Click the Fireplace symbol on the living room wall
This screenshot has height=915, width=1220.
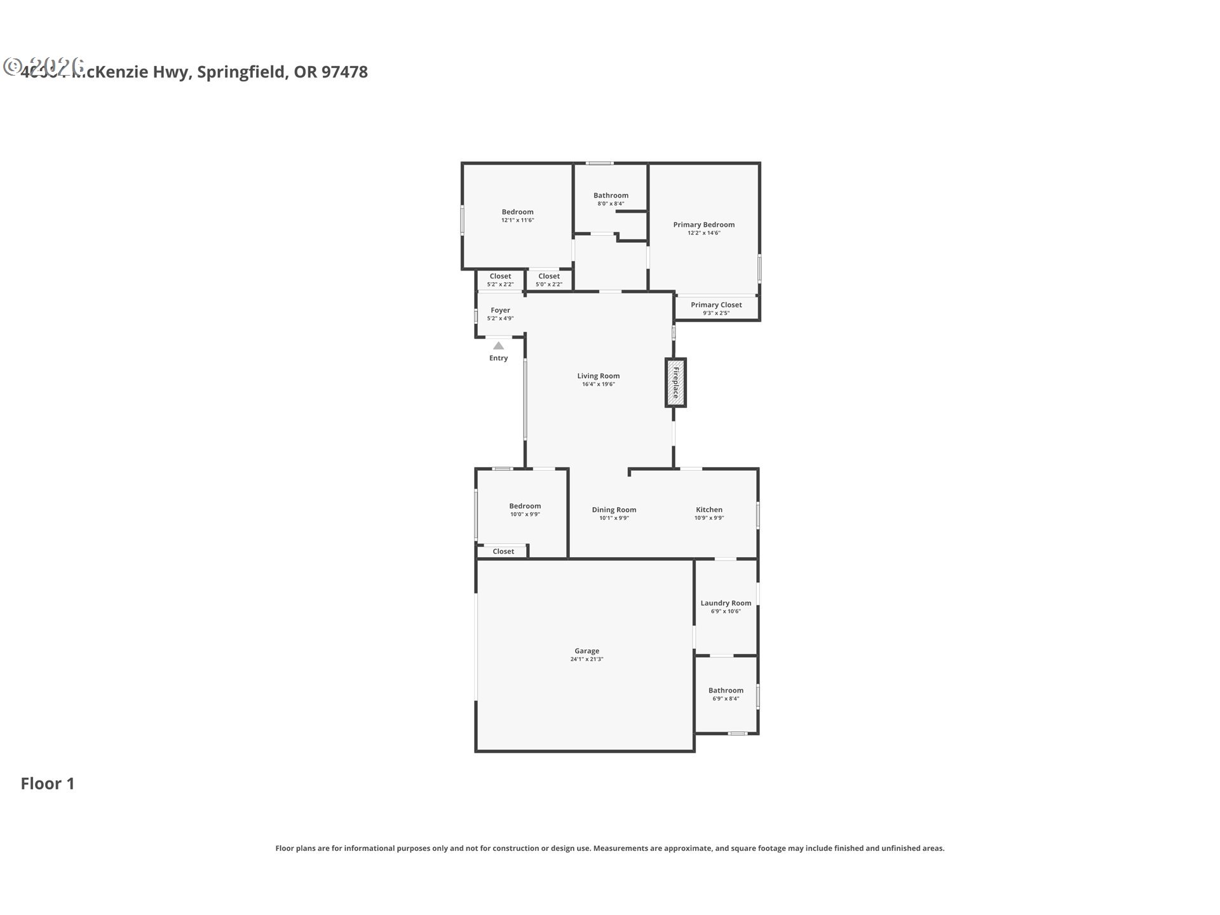coord(675,383)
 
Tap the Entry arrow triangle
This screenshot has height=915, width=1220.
coord(498,346)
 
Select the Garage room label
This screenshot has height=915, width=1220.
coord(586,651)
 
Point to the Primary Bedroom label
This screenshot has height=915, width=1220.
coord(703,224)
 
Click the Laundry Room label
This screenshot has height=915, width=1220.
coord(726,603)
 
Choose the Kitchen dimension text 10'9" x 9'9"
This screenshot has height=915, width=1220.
coord(709,518)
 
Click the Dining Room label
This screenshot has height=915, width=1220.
coord(614,510)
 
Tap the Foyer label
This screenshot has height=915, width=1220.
coord(500,310)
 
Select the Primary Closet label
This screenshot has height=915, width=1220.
coord(716,305)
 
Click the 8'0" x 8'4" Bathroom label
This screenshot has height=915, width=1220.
coord(611,196)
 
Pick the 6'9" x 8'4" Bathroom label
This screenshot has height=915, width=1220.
coord(726,690)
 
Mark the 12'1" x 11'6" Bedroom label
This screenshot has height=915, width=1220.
coord(517,212)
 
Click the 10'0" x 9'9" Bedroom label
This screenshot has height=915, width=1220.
coord(525,506)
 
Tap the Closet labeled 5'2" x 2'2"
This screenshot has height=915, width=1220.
coord(500,276)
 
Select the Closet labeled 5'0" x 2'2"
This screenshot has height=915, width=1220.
coord(549,276)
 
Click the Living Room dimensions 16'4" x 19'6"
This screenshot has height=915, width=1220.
coord(598,384)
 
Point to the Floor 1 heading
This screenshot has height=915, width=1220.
coord(48,783)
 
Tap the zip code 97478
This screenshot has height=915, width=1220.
coord(344,72)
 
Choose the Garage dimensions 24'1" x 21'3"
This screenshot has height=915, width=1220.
coord(586,660)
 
